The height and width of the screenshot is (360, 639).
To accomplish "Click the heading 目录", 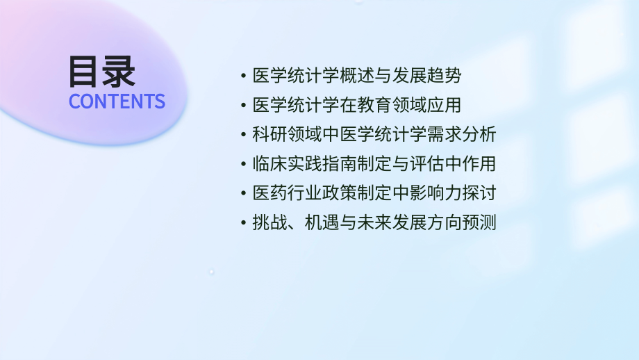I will [102, 71].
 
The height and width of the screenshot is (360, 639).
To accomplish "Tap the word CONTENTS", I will [117, 101].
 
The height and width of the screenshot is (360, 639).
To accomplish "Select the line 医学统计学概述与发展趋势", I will [356, 75].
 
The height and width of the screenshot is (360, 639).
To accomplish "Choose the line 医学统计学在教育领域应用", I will [356, 105].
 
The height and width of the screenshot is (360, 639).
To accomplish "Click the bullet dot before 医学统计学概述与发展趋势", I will [242, 75].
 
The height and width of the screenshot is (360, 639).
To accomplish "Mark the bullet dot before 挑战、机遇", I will [242, 223].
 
